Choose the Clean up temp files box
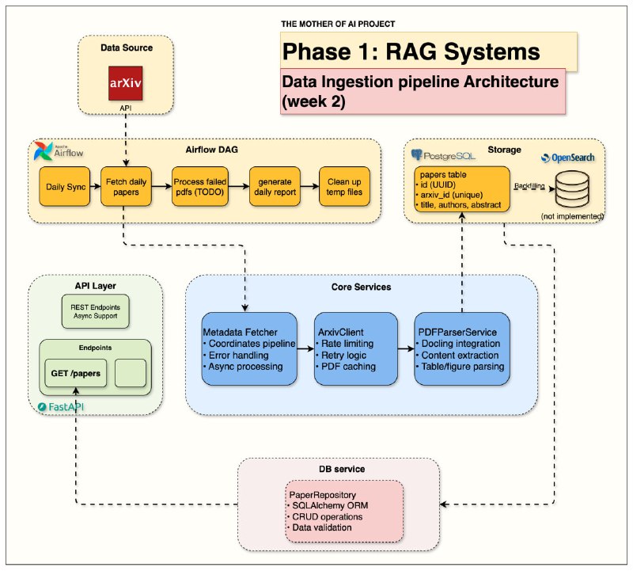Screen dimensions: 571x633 pyautogui.click(x=344, y=187)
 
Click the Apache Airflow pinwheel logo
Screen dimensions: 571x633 pyautogui.click(x=43, y=150)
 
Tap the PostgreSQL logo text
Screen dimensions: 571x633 pyautogui.click(x=443, y=154)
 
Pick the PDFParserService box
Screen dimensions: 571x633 pyautogui.click(x=461, y=349)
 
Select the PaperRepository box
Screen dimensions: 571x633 pyautogui.click(x=344, y=511)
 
